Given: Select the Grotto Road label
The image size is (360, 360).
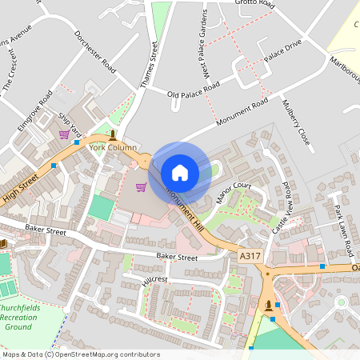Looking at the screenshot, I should click(255, 4).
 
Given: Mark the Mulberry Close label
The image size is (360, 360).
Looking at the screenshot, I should click(295, 122).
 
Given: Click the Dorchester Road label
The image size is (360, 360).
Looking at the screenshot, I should click(95, 52).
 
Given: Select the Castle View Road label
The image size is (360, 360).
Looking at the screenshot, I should click(282, 206).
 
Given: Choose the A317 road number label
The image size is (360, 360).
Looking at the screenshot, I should click(250, 255).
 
